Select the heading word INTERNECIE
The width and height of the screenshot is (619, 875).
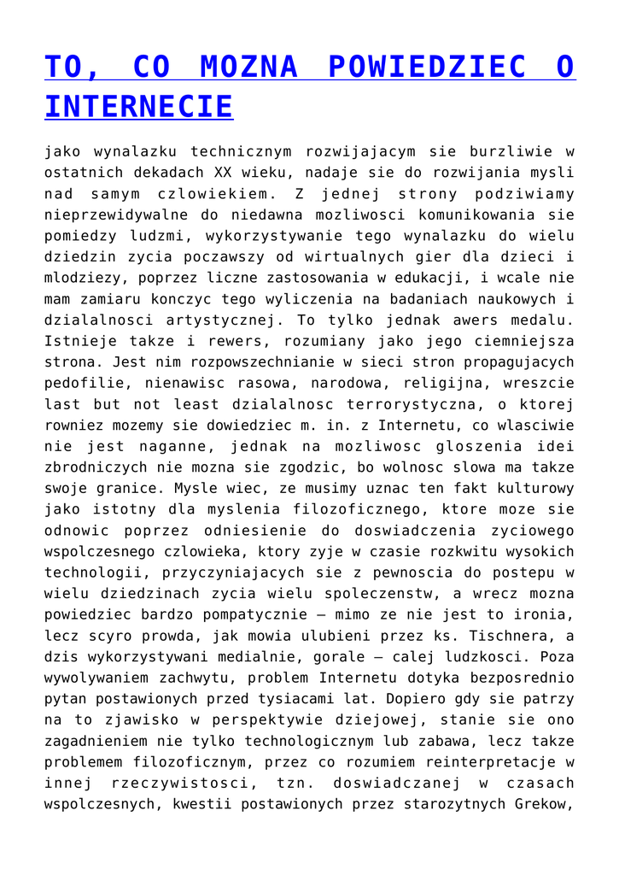tap(138, 107)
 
